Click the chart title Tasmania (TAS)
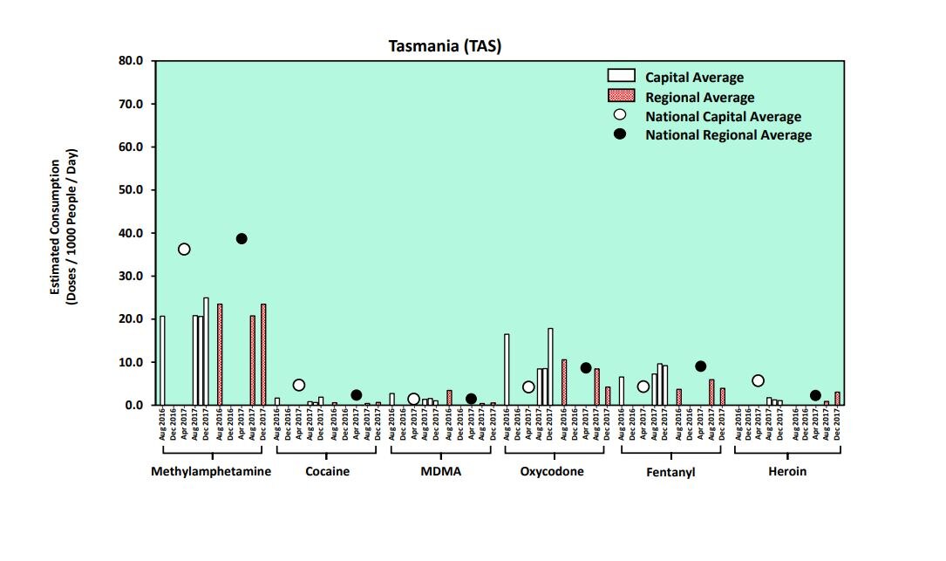pos(445,45)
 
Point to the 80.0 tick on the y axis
pos(131,61)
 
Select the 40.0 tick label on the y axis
pos(131,233)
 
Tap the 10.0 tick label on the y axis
pos(131,362)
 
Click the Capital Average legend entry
pos(693,78)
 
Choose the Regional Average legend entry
pos(699,97)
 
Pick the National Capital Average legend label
pos(722,116)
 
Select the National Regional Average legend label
pos(728,135)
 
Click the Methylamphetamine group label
pos(211,472)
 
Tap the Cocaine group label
pos(327,472)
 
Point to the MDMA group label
pos(442,472)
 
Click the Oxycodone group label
pos(552,472)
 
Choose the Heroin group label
pos(787,472)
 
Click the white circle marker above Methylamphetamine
pos(184,250)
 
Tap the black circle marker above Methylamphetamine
pos(242,239)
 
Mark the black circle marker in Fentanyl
pos(700,366)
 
